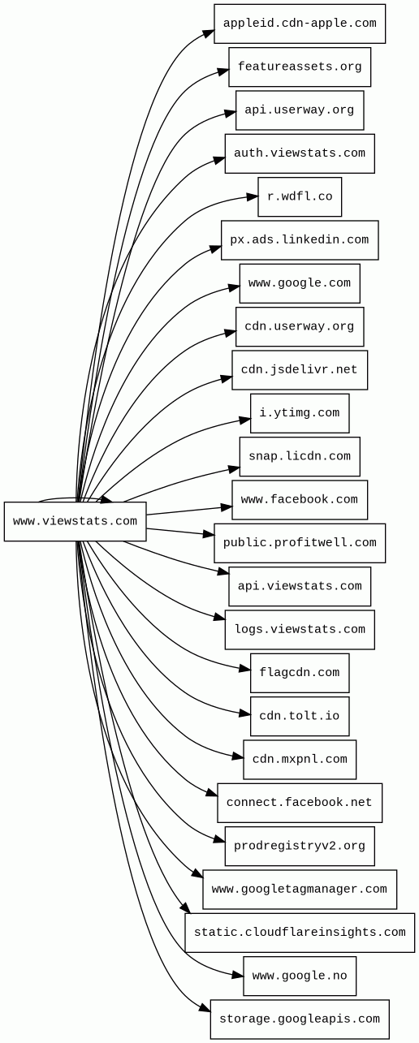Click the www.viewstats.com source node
[75, 521]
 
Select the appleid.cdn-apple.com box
[300, 24]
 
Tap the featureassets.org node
[300, 67]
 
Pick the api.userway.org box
[300, 110]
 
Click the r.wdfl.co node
[300, 197]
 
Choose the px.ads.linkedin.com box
[300, 240]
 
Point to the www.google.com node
[300, 283]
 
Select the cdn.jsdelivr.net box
[300, 370]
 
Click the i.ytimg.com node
[300, 413]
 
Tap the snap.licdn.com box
[300, 457]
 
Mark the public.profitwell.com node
[300, 543]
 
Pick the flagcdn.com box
[300, 673]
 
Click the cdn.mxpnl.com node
[300, 760]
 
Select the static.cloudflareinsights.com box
[300, 933]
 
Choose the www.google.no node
[300, 976]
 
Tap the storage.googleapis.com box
[300, 1019]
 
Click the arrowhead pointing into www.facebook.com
[227, 506]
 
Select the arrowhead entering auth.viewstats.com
[219, 160]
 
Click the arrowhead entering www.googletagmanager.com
[197, 873]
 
